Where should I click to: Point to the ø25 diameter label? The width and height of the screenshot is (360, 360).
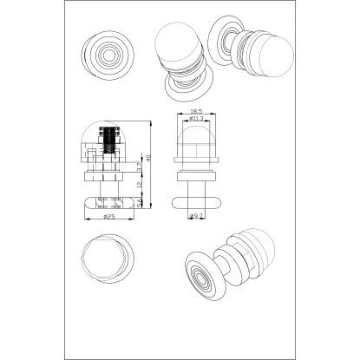[110, 217]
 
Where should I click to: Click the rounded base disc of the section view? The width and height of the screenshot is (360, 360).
[109, 203]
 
